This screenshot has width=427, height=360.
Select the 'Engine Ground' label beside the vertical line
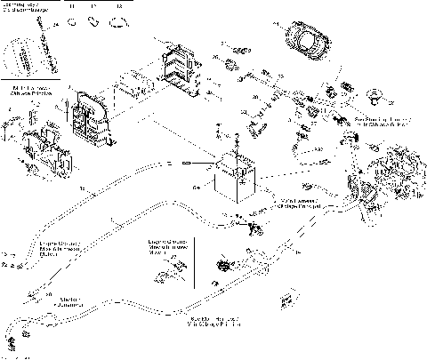point(165,244)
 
